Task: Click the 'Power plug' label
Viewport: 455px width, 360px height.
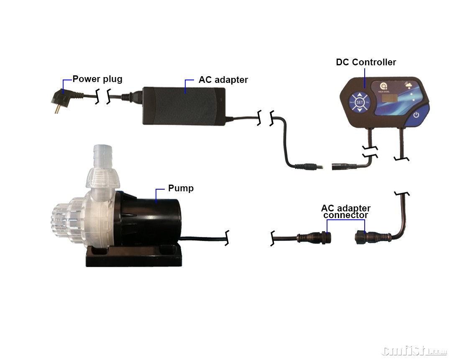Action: pos(97,79)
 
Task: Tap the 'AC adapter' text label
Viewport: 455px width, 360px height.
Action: pos(223,80)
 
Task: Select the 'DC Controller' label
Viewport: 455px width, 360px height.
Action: pos(366,62)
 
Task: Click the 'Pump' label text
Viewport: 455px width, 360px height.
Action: pos(181,188)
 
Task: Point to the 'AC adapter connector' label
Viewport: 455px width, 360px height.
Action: pos(345,211)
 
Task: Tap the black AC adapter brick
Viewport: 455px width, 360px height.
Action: pos(184,105)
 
